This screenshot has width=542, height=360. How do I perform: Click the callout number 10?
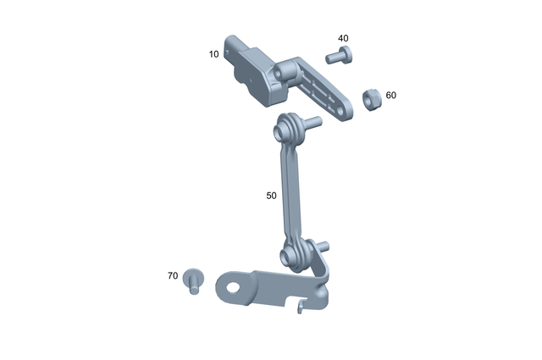pos(213,54)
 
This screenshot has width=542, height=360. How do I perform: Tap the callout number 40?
pos(343,39)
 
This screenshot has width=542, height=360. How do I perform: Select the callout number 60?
pos(390,96)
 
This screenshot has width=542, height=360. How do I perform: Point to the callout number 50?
pos(271,196)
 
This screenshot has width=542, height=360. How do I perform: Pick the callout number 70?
pos(173,276)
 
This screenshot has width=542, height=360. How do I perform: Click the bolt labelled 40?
pos(340,56)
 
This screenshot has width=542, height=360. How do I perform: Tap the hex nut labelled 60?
pos(369,98)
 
